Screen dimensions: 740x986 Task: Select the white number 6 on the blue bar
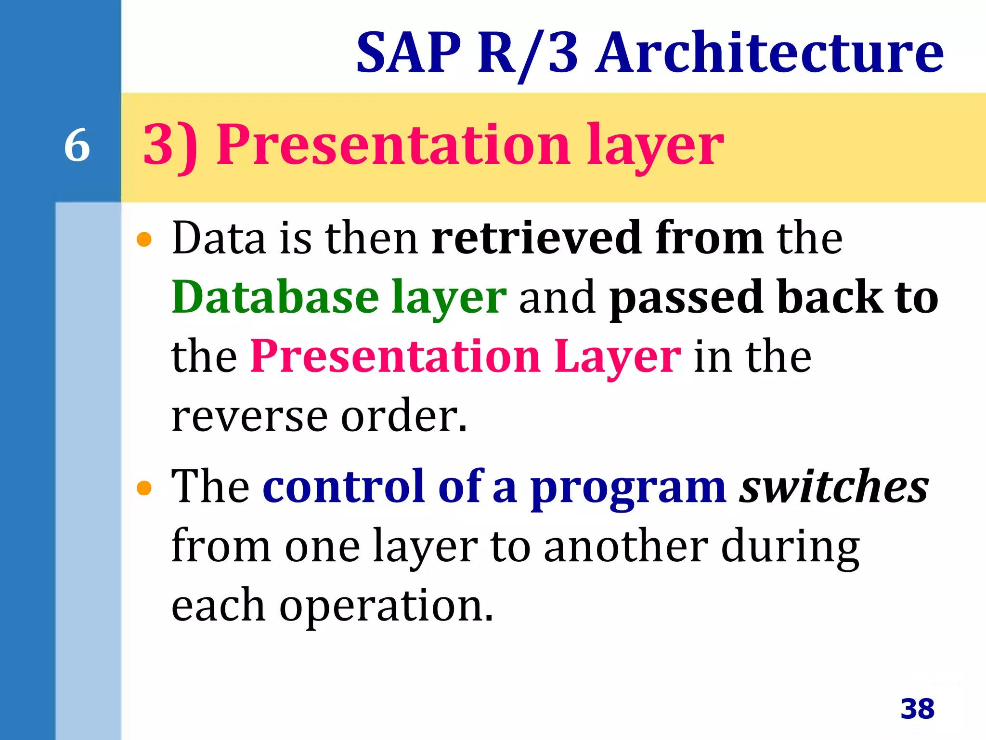pos(77,145)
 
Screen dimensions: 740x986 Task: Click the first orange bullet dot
pos(144,239)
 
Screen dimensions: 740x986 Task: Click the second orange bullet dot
pos(144,488)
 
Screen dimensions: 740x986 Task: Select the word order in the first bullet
pos(403,415)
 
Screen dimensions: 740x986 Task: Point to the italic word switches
pos(834,487)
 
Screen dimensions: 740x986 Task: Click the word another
pos(626,547)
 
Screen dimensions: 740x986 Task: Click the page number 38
pos(917,709)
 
